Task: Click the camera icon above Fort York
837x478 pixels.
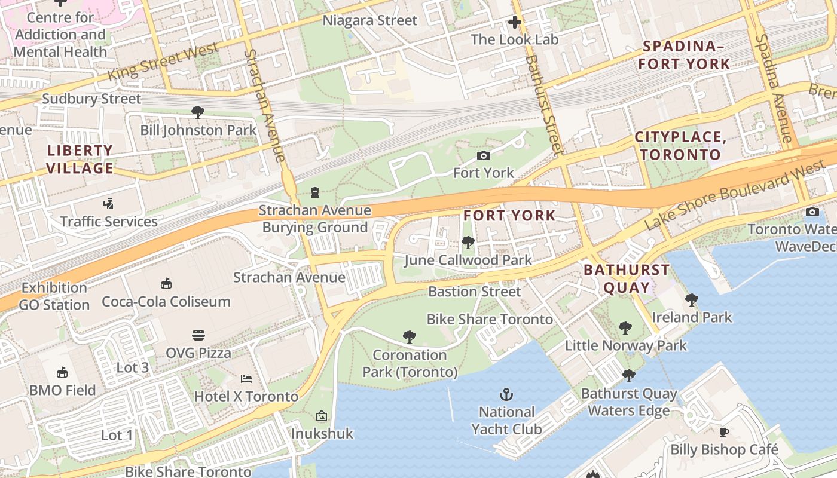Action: pos(484,156)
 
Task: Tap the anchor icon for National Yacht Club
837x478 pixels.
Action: pos(506,394)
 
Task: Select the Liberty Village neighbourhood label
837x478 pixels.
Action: pos(80,160)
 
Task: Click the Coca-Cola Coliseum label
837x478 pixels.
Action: pos(166,301)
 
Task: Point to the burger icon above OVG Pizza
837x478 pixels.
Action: pos(198,335)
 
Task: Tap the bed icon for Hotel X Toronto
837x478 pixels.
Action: pos(246,379)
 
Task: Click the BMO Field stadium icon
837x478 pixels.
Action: pos(62,373)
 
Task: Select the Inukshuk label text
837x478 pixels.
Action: pos(322,434)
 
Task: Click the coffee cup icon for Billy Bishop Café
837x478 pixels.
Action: pos(724,432)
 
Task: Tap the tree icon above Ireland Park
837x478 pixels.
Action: pos(692,299)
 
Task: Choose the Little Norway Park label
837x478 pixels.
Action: pos(626,345)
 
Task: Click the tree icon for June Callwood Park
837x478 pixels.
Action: pos(468,243)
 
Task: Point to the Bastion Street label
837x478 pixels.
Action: pos(475,292)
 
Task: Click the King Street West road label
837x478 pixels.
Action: pos(163,63)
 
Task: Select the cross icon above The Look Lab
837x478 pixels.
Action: pos(514,23)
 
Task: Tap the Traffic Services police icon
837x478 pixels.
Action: pos(108,204)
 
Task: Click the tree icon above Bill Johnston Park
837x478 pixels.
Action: pos(198,112)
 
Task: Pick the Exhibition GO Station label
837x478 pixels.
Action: pos(54,296)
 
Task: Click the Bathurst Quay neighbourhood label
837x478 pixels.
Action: pos(627,278)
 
